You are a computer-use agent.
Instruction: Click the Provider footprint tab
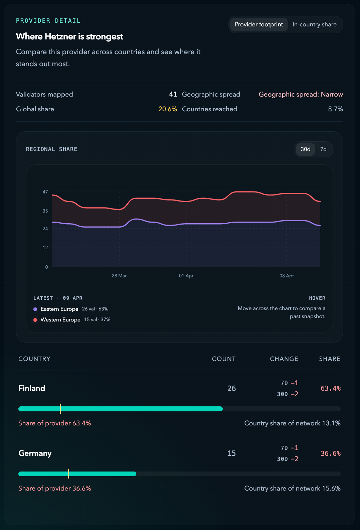[x=259, y=24]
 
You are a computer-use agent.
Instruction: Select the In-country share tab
[x=314, y=24]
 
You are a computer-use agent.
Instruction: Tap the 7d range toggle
[x=323, y=149]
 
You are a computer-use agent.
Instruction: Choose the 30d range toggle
[x=305, y=149]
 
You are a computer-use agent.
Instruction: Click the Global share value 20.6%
[x=167, y=109]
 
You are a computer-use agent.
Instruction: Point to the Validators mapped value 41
[x=173, y=95]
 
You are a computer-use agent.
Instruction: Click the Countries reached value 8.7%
[x=335, y=109]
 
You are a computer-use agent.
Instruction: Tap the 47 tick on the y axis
[x=45, y=192]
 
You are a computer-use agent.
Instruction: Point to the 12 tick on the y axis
[x=45, y=248]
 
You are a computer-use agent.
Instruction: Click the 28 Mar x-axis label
[x=119, y=276]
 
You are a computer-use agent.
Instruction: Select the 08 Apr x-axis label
[x=287, y=276]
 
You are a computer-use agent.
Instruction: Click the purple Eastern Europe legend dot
[x=35, y=309]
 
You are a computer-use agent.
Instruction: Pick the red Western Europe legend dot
[x=35, y=320]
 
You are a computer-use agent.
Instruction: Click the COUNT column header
[x=224, y=359]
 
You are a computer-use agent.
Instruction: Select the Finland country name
[x=32, y=388]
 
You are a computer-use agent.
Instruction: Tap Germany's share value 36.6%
[x=330, y=454]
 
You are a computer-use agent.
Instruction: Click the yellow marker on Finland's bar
[x=60, y=409]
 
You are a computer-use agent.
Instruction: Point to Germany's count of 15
[x=231, y=453]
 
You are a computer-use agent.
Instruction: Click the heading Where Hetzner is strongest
[x=69, y=36]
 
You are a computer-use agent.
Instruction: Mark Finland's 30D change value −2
[x=294, y=394]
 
